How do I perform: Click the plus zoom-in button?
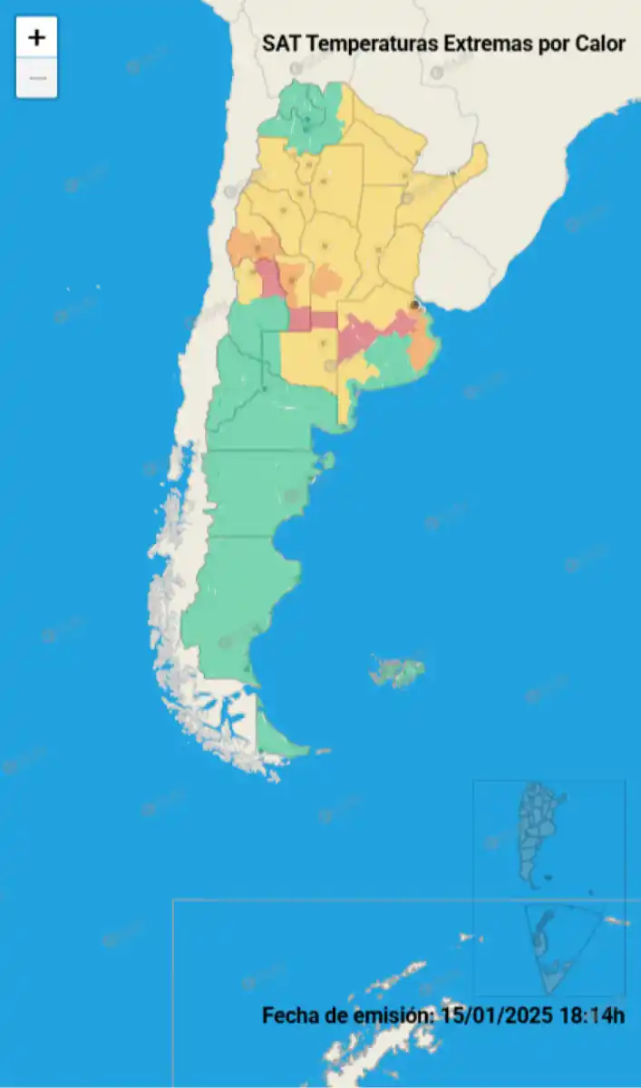[x=36, y=38]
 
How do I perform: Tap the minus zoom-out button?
[x=36, y=78]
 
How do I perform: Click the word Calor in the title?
[x=600, y=44]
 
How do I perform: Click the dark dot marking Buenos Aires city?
[x=414, y=306]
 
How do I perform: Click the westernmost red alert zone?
[x=268, y=277]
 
